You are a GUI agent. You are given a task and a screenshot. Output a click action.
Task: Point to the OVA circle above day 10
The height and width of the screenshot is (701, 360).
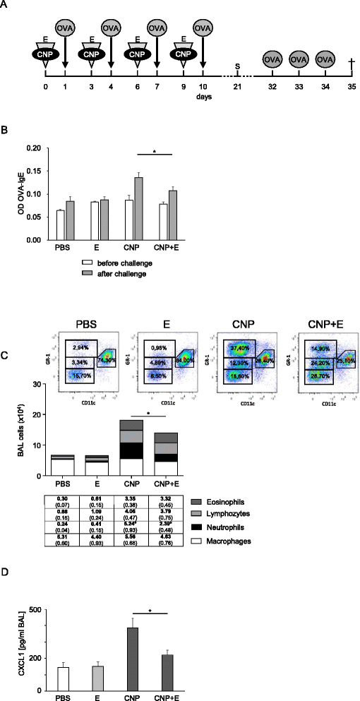tap(203, 28)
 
